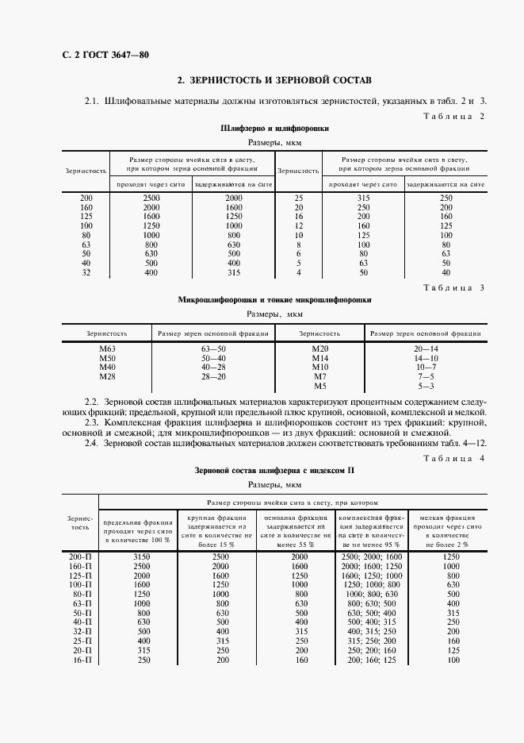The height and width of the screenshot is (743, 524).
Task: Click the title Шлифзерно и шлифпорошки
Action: [274, 128]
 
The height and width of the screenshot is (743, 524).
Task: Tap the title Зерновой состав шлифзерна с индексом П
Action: [274, 471]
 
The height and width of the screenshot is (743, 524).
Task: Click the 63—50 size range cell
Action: [213, 349]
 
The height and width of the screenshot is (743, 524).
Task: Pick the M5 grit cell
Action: [319, 386]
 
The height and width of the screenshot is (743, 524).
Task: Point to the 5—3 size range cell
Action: [425, 386]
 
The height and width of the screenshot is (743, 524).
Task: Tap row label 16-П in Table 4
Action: [80, 660]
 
